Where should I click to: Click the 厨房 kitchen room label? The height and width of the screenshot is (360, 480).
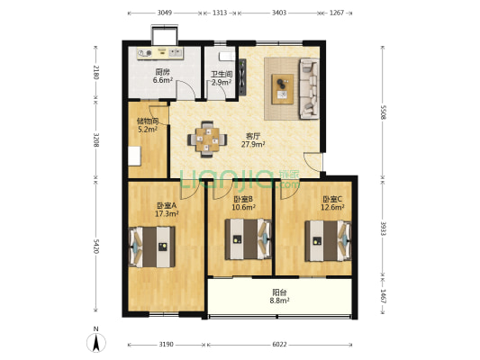coord(162,73)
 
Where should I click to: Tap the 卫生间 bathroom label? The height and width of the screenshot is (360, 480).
coord(221,75)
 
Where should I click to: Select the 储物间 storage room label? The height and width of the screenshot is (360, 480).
coord(148,121)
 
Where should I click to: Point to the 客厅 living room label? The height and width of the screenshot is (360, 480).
coord(253,136)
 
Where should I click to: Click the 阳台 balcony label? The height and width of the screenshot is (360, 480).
coord(279,292)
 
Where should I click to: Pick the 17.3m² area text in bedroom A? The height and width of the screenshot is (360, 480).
coord(167,213)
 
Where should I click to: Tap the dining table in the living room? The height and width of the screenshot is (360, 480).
coord(207,139)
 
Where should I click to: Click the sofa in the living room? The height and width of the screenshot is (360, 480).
coord(309,88)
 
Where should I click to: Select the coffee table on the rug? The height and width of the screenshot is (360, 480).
coord(283,89)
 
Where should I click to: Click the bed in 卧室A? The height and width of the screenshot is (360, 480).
coord(152,247)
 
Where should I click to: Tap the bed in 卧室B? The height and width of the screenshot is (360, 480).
coord(249,238)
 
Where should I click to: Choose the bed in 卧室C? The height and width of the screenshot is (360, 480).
coord(328,240)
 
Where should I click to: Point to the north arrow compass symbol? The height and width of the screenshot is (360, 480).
coord(96,342)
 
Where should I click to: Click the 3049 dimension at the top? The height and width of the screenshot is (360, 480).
coord(165,13)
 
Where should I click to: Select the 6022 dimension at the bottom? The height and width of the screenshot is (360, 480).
coord(279,345)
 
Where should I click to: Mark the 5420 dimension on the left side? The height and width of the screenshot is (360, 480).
coord(95,247)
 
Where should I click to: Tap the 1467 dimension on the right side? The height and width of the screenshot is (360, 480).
coord(383,296)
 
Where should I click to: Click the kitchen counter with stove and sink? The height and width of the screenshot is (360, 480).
coord(160,53)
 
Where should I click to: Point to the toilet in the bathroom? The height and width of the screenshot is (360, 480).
coord(227,57)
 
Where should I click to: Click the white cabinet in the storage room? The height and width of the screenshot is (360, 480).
coord(134,157)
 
